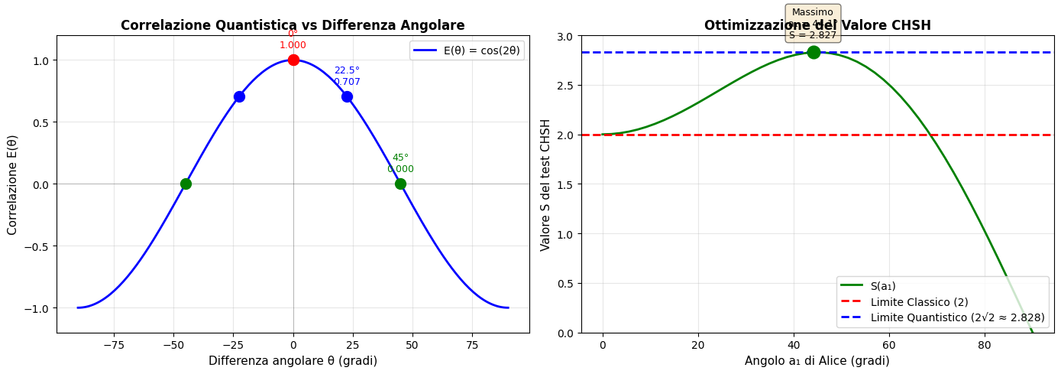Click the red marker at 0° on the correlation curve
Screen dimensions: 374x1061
[293, 60]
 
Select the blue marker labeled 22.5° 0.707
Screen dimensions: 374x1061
[347, 96]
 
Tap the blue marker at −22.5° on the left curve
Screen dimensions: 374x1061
[239, 96]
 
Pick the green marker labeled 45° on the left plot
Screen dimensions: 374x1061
[400, 184]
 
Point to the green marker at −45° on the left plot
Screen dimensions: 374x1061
[186, 184]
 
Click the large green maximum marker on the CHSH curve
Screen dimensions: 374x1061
[814, 52]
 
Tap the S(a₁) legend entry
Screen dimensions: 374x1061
[883, 286]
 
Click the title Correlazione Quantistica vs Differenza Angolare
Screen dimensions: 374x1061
[293, 25]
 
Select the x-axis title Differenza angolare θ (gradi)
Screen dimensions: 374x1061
[293, 360]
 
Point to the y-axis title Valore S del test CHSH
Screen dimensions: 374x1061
[545, 184]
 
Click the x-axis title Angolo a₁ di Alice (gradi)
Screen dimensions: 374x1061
[817, 360]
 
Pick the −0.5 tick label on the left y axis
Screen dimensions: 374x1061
[39, 246]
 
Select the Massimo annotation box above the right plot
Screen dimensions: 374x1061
[813, 24]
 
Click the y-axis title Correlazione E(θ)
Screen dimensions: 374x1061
[13, 184]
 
